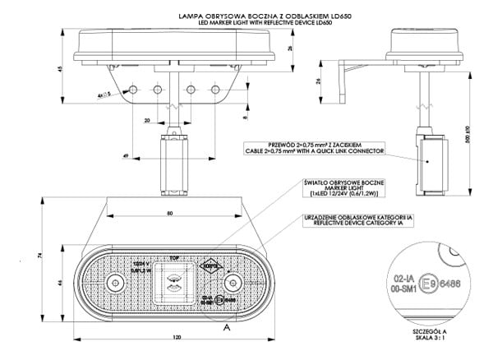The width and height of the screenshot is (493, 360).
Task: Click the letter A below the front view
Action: (x=224, y=326)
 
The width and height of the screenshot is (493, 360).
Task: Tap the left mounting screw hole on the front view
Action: (x=112, y=284)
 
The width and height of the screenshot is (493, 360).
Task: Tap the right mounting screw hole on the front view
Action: (x=233, y=284)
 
